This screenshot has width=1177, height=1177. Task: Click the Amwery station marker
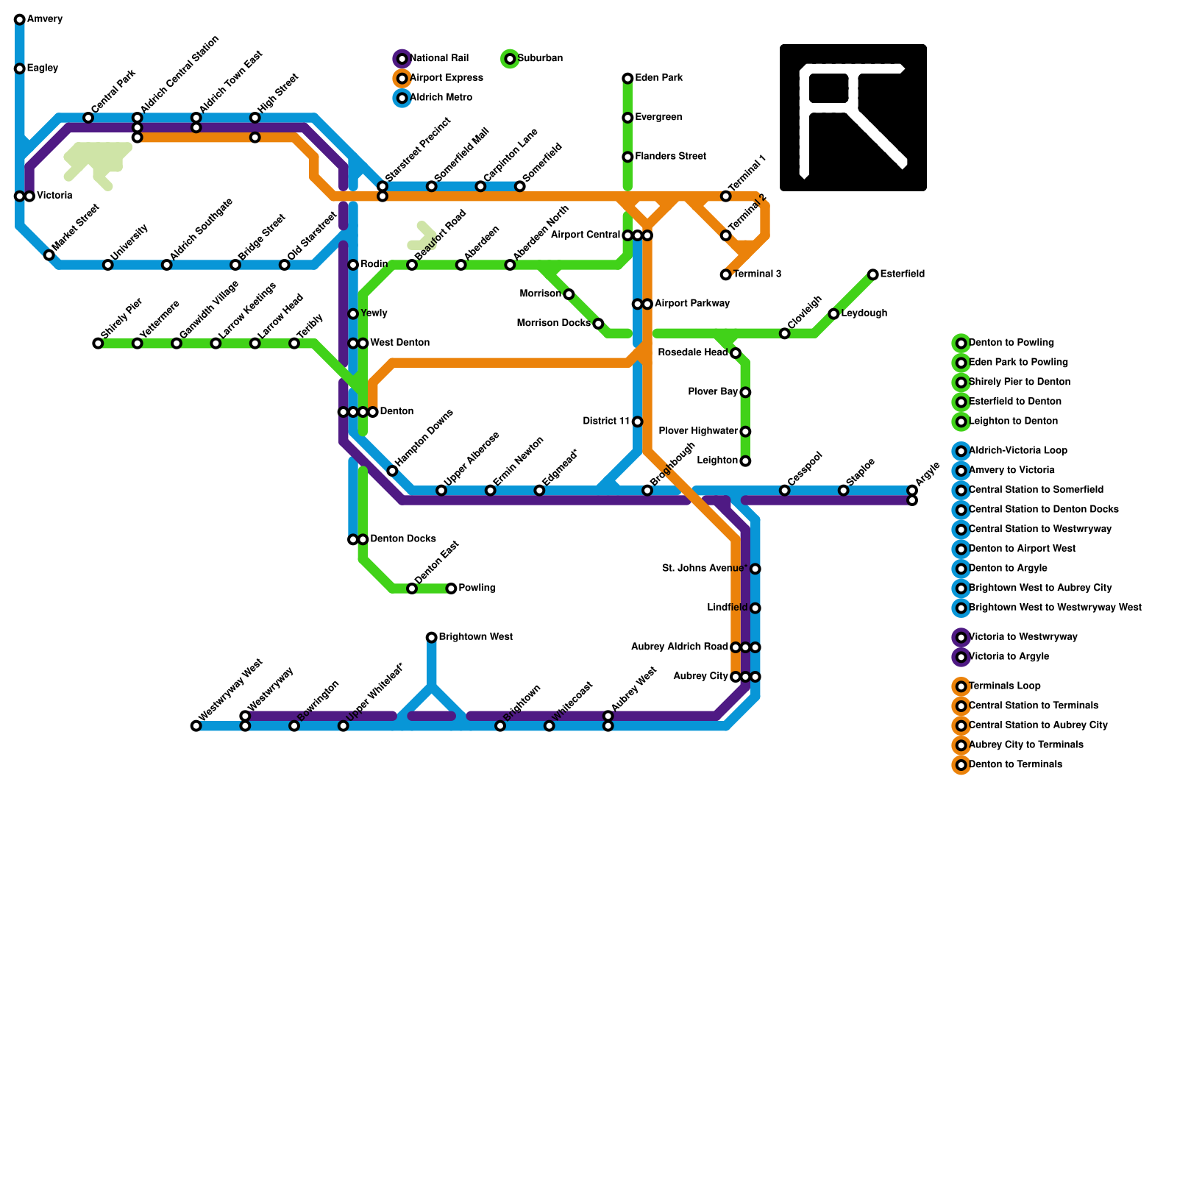point(20,20)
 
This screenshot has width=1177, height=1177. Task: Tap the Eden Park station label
point(659,78)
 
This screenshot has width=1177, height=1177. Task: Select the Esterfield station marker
point(872,274)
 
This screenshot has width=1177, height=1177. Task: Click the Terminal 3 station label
point(757,274)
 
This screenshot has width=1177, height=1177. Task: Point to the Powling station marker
point(451,588)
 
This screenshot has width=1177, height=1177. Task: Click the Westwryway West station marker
point(196,726)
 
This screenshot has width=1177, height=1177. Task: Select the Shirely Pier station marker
point(98,344)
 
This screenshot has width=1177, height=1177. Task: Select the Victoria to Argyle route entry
point(1009,657)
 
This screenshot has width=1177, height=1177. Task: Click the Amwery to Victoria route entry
point(1011,471)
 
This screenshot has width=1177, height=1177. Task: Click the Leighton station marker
point(745,461)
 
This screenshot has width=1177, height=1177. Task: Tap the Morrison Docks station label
point(553,324)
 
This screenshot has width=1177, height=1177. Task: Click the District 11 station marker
point(637,422)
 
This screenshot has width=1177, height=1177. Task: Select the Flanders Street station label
point(670,157)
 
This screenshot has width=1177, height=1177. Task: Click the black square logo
point(853,118)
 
